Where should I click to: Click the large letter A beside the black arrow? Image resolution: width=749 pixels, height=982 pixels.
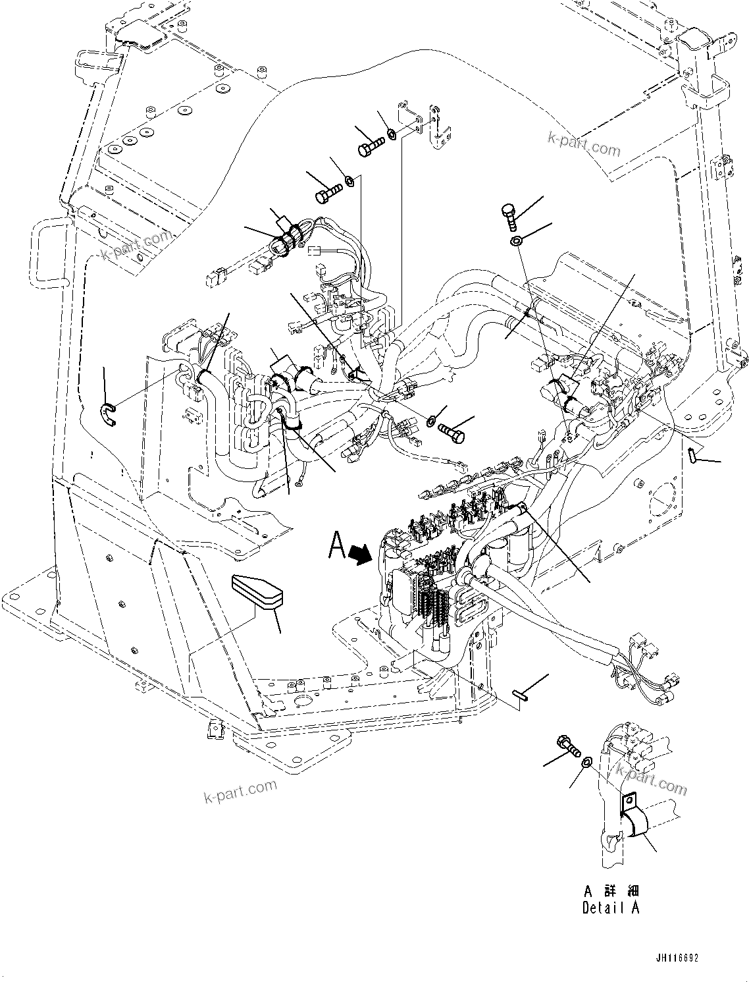[337, 546]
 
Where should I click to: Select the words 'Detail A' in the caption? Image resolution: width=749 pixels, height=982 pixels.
[610, 907]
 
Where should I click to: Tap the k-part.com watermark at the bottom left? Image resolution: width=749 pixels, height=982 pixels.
[240, 790]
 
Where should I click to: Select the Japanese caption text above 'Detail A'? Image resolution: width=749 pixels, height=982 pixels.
[611, 890]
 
